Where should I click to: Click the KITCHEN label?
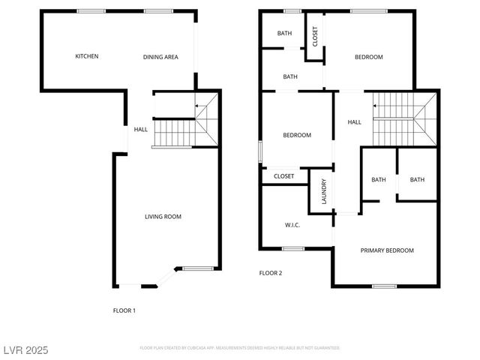coord(86,56)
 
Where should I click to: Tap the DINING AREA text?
coord(160,57)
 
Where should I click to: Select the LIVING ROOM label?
coord(163,217)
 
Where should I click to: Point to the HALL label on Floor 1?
coord(140,130)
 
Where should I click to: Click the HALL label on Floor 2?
coord(354,122)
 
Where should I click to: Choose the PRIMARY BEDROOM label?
coord(387,250)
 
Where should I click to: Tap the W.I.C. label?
coord(292,225)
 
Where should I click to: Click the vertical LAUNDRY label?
coord(324,191)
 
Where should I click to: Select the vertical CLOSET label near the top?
coord(315,37)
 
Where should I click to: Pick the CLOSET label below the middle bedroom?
coord(284,176)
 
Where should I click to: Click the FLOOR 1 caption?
coord(124,310)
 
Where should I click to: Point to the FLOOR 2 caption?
coord(270,273)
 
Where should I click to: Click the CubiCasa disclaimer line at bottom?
coord(240,348)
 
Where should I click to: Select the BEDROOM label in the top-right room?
coord(368,57)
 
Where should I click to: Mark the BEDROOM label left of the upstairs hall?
coord(297,135)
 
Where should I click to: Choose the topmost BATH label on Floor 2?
coord(284,33)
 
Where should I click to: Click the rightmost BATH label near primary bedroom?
coord(417,179)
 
